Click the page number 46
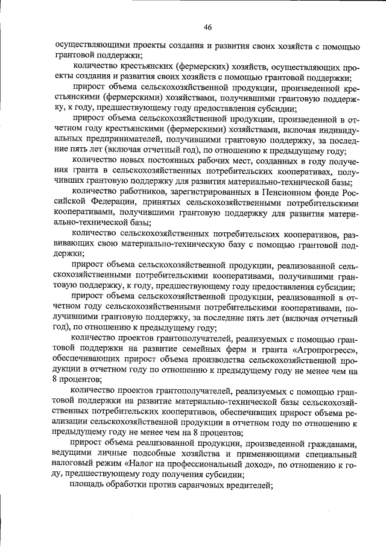[x=207, y=27]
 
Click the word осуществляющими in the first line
[x=90, y=46]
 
